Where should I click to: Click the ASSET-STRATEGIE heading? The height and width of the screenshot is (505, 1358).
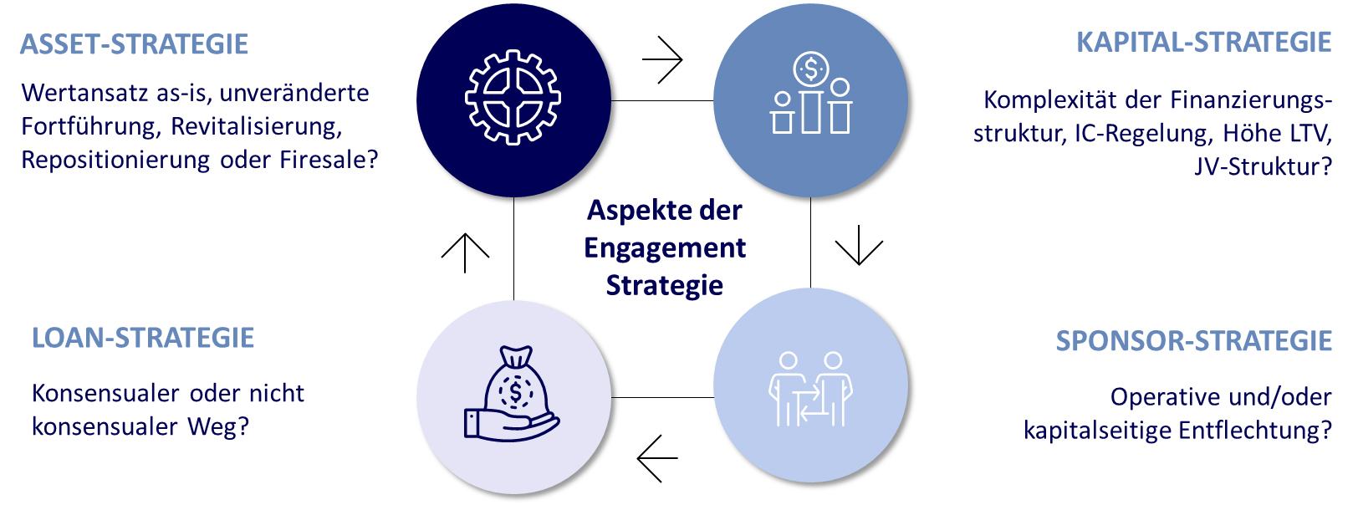click(134, 44)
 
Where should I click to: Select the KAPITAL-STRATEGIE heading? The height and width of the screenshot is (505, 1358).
click(1203, 43)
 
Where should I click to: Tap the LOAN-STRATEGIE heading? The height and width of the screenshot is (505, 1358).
click(143, 338)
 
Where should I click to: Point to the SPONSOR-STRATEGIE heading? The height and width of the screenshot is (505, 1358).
click(1193, 341)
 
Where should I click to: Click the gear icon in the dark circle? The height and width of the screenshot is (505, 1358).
click(513, 98)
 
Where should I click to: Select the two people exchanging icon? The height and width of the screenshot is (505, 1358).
click(809, 389)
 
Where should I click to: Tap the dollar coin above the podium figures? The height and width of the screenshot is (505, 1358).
click(810, 69)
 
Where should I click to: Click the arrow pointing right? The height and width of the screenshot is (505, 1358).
click(662, 60)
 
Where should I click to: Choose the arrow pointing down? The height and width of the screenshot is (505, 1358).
click(859, 245)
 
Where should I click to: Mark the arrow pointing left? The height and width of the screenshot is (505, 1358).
click(657, 458)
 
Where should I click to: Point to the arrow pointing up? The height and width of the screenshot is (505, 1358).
click(465, 252)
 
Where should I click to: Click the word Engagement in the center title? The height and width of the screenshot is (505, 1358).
click(665, 248)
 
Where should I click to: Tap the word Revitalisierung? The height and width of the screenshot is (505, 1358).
click(256, 126)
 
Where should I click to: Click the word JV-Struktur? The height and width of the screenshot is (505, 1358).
click(1263, 166)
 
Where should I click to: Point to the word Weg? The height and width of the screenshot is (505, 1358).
click(218, 427)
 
